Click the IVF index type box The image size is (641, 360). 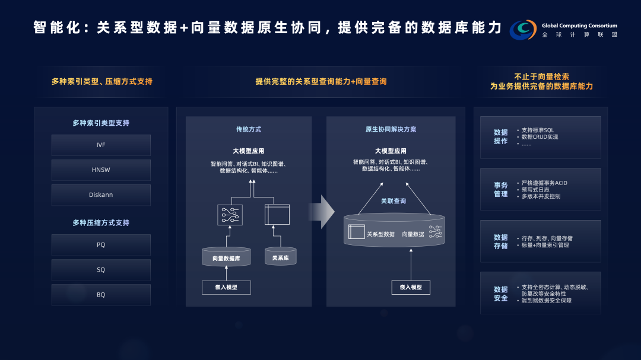(101, 145)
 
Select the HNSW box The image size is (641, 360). (101, 170)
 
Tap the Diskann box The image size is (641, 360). (101, 195)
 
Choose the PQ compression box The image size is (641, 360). (101, 244)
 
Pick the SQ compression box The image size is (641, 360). (101, 270)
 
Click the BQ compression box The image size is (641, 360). (101, 295)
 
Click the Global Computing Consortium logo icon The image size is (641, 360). (523, 30)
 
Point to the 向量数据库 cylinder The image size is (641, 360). (226, 257)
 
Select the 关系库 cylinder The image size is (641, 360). (280, 257)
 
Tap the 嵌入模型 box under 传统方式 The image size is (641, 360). (226, 287)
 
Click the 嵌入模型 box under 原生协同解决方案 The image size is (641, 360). (411, 287)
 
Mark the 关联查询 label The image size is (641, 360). (394, 201)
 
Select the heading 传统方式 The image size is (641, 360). (248, 129)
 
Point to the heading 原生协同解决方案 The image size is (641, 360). (391, 129)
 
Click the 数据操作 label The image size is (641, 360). (501, 137)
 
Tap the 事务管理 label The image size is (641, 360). (501, 189)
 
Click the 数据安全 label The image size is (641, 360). (501, 294)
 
